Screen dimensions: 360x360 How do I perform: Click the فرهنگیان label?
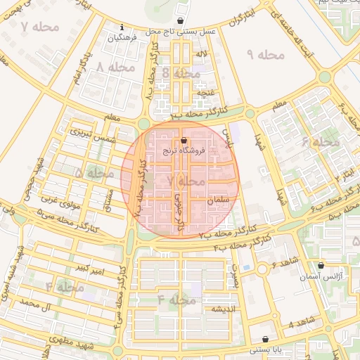[122, 38]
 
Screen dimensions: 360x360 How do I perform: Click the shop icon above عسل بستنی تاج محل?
[181, 21]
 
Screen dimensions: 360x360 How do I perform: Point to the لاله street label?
[202, 53]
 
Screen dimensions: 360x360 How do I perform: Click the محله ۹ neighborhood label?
[264, 54]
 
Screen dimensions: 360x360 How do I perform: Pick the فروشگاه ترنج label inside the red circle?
[184, 150]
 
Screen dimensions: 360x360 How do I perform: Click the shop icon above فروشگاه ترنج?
[184, 140]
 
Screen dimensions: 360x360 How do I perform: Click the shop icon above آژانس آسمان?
[321, 266]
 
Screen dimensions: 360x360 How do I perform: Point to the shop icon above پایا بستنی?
[265, 339]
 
